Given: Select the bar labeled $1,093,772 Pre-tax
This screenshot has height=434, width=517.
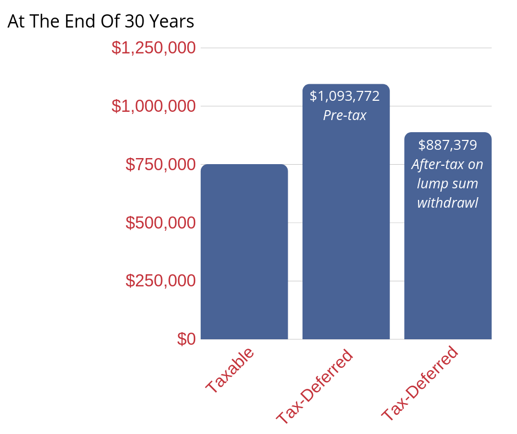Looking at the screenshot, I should pyautogui.click(x=346, y=231).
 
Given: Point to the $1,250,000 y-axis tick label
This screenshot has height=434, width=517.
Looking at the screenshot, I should pyautogui.click(x=153, y=48).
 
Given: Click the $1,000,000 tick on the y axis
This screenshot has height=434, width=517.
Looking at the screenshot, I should pyautogui.click(x=153, y=106).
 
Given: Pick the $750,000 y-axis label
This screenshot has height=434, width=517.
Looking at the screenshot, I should pyautogui.click(x=161, y=164).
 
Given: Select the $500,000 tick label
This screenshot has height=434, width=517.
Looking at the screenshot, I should pyautogui.click(x=161, y=223).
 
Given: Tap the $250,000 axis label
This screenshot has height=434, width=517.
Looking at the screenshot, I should pyautogui.click(x=161, y=281).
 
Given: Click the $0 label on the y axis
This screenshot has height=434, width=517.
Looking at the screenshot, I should pyautogui.click(x=186, y=339).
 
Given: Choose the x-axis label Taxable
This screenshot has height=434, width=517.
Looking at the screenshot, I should pyautogui.click(x=230, y=370).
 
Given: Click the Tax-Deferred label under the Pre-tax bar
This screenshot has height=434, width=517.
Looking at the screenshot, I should pyautogui.click(x=314, y=387).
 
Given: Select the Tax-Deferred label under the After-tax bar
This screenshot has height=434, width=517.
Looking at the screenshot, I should pyautogui.click(x=420, y=384).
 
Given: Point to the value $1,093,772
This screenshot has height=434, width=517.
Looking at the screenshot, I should pyautogui.click(x=345, y=96).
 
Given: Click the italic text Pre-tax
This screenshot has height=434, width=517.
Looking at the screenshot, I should pyautogui.click(x=345, y=116).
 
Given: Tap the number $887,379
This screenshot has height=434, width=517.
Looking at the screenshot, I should pyautogui.click(x=448, y=145).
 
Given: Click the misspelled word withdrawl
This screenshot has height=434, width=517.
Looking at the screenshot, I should pyautogui.click(x=448, y=203).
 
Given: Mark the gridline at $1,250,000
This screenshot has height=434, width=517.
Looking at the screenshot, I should pyautogui.click(x=346, y=48).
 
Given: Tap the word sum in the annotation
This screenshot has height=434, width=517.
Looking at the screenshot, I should pyautogui.click(x=465, y=183).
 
